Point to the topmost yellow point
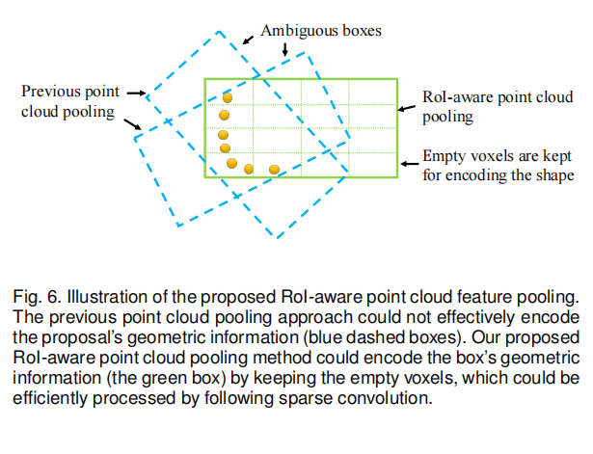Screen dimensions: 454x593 (x=228, y=97)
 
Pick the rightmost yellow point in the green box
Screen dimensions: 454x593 (x=274, y=170)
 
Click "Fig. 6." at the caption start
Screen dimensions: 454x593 (x=35, y=293)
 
